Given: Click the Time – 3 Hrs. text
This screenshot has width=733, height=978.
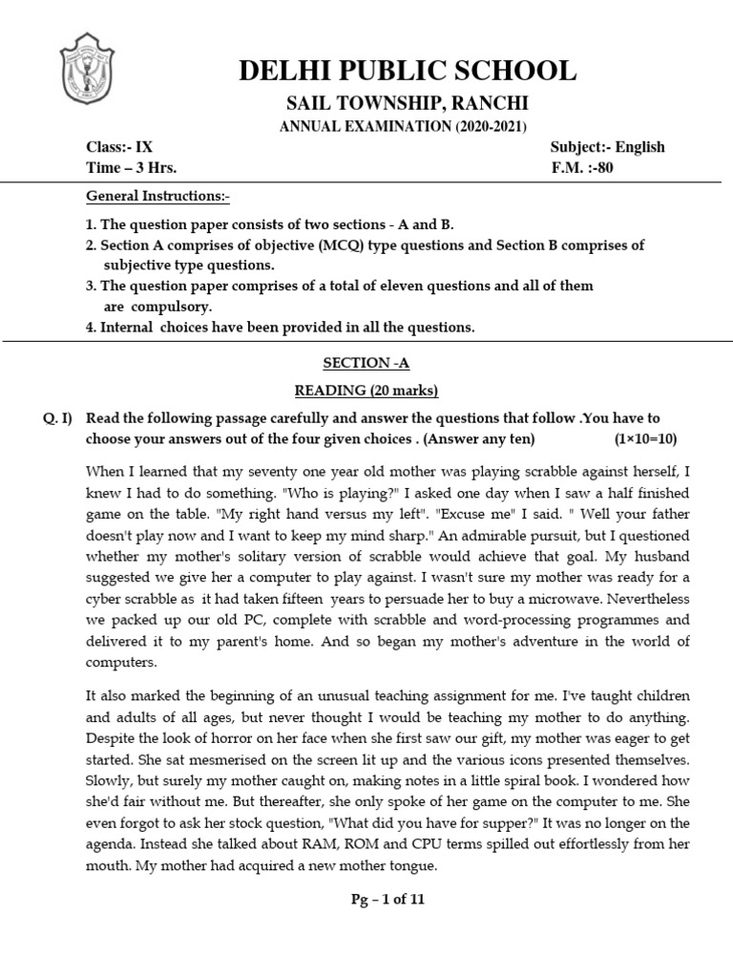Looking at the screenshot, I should click(x=132, y=167).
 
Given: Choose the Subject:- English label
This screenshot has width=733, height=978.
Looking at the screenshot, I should click(x=607, y=147).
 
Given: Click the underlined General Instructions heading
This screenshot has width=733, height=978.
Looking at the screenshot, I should click(x=158, y=197).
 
